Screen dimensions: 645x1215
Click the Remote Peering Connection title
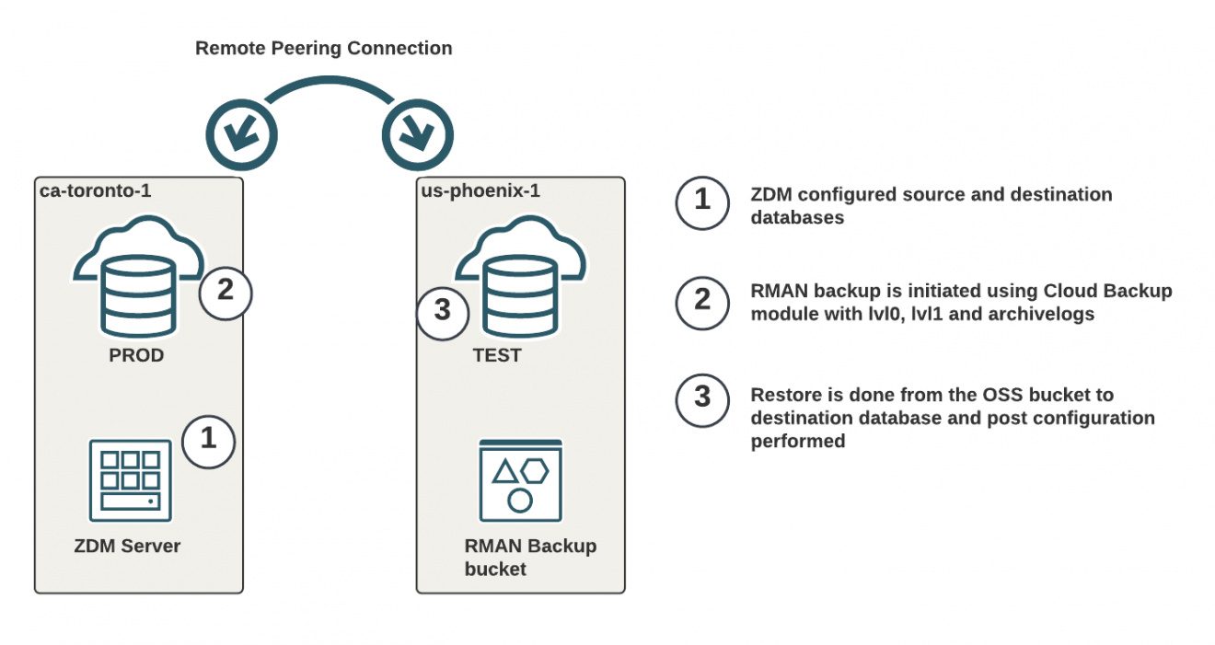pos(323,48)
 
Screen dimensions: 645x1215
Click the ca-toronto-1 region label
pos(96,191)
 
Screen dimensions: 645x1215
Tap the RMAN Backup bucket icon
pos(520,481)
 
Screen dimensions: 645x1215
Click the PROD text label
pos(136,355)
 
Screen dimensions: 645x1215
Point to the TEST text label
pos(497,355)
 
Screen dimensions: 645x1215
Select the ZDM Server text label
pos(127,546)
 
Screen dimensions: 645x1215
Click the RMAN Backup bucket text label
pos(529,557)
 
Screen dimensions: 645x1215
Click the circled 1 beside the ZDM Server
pos(209,440)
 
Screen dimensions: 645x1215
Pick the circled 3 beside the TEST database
pos(443,311)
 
